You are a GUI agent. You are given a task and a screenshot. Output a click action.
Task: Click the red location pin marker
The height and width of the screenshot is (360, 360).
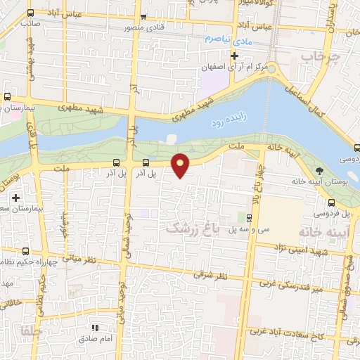(181, 165)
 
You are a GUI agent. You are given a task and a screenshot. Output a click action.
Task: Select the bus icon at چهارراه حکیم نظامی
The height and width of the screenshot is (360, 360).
(26, 251)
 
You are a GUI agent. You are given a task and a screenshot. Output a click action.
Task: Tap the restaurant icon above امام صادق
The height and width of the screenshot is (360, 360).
(94, 328)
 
